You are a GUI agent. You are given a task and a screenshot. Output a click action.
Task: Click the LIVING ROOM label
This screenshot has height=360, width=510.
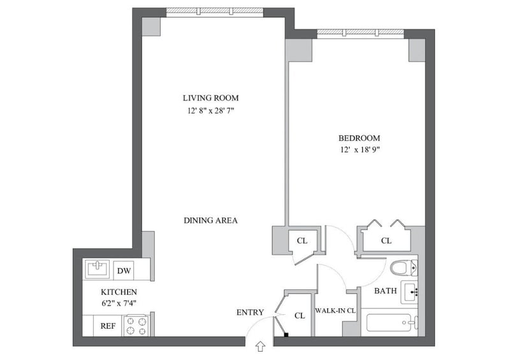pyautogui.click(x=210, y=98)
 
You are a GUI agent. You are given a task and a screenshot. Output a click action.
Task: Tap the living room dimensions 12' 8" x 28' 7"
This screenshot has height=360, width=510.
pyautogui.click(x=211, y=111)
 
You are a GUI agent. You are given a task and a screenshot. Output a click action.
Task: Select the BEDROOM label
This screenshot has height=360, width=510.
pyautogui.click(x=359, y=138)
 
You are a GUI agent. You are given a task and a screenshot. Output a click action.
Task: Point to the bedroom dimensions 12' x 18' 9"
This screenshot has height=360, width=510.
pyautogui.click(x=360, y=150)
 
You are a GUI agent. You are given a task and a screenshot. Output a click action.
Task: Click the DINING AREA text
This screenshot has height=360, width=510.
pyautogui.click(x=211, y=220)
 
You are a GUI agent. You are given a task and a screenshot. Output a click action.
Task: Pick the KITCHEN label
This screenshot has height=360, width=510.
pyautogui.click(x=119, y=292)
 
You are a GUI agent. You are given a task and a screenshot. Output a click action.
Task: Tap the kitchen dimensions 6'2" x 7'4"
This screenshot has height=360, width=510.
pyautogui.click(x=119, y=304)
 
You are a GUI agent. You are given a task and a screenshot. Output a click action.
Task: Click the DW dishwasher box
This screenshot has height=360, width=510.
pyautogui.click(x=124, y=270)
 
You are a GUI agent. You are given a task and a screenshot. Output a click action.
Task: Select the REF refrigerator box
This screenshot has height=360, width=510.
pyautogui.click(x=108, y=326)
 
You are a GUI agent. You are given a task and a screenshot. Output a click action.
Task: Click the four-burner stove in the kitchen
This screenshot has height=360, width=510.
pyautogui.click(x=136, y=326)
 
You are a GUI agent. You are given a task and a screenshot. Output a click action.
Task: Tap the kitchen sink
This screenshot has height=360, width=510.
pyautogui.click(x=98, y=270)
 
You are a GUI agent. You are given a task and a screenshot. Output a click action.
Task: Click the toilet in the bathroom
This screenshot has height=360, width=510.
pyautogui.click(x=404, y=268)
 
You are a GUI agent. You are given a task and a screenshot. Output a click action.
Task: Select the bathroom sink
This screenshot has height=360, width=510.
pyautogui.click(x=409, y=292)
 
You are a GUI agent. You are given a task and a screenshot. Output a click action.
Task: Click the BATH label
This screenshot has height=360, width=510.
pyautogui.click(x=386, y=291)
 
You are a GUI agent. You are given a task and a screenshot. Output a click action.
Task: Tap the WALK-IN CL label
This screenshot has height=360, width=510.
pyautogui.click(x=335, y=310)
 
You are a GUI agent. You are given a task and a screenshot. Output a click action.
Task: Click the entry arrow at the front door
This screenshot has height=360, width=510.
pyautogui.click(x=261, y=347)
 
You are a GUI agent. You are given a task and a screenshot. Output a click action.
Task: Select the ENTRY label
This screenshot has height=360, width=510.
pyautogui.click(x=250, y=312)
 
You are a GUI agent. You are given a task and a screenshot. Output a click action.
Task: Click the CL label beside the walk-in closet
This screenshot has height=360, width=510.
pyautogui.click(x=300, y=315)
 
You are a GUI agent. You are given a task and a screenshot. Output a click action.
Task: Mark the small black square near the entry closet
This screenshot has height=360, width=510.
pyautogui.click(x=286, y=335)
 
